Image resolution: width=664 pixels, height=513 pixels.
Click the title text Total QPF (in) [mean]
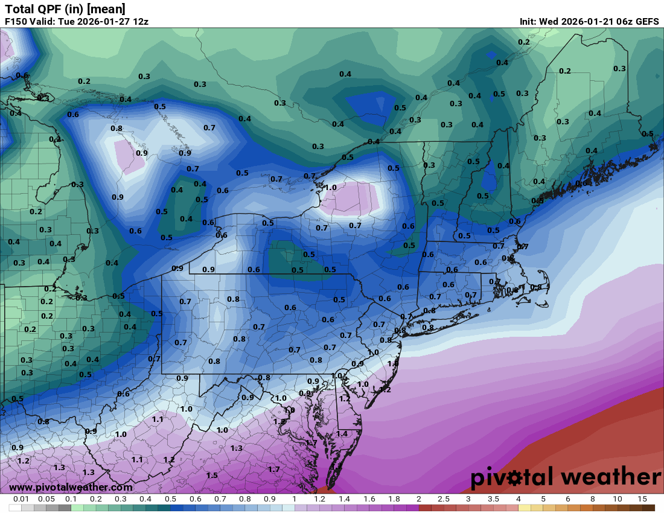(65, 8)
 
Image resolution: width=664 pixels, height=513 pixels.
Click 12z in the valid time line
(141, 21)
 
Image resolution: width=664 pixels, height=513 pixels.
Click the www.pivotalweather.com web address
(71, 487)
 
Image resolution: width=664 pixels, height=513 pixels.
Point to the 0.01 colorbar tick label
(21, 499)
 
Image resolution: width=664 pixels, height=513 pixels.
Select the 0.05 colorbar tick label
(46, 499)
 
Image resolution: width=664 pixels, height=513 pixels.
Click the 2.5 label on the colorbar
(443, 499)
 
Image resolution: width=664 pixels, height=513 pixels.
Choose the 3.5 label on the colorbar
(493, 499)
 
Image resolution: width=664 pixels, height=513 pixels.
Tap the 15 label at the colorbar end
(642, 499)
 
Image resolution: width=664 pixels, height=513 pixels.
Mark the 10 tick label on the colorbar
(618, 499)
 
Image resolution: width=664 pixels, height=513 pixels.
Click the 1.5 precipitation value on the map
(212, 475)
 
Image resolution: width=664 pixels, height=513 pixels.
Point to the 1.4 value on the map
(342, 433)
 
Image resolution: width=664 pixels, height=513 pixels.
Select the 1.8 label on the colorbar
(394, 499)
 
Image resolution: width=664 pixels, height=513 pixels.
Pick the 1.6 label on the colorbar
(369, 499)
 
